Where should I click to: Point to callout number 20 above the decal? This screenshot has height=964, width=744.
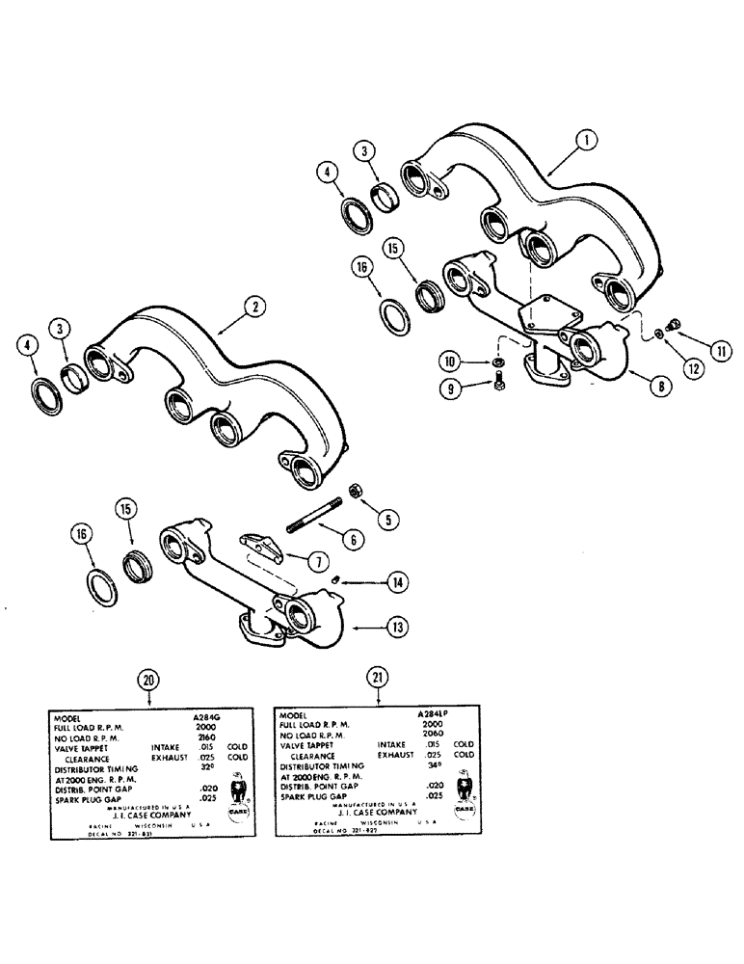147,679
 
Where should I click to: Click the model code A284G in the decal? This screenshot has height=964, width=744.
207,718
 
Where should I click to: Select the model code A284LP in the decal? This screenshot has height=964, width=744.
436,715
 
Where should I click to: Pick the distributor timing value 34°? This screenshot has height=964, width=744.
434,763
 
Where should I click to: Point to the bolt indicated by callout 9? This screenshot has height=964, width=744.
496,382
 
